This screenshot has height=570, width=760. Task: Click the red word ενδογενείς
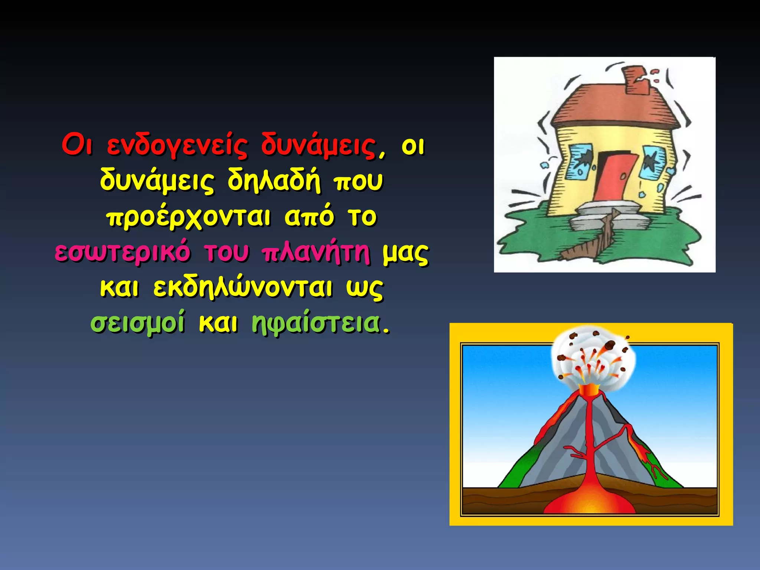point(177,145)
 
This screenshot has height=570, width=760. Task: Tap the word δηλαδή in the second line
point(273,181)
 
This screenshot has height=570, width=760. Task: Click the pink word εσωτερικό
point(122,252)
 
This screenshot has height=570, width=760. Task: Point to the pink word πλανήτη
point(316,252)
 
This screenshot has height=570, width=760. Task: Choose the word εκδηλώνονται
point(243,288)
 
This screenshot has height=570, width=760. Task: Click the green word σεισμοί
point(138,323)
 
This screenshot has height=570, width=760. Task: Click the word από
point(309,217)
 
